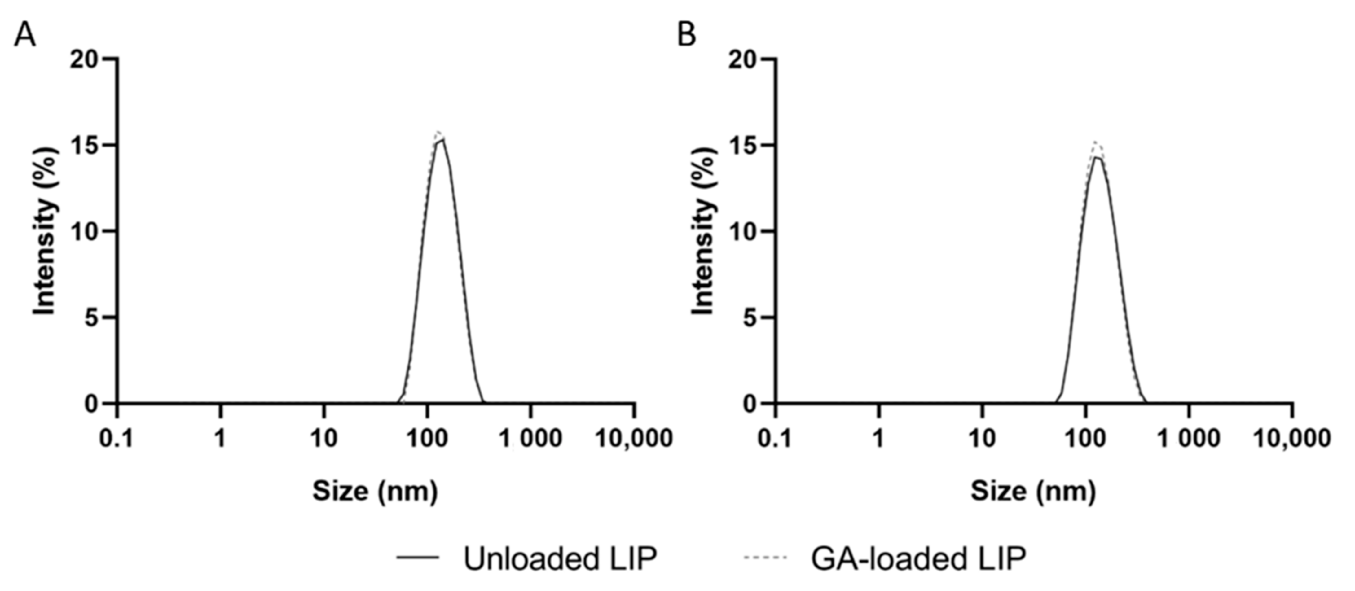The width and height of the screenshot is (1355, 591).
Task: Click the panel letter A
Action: pos(25,36)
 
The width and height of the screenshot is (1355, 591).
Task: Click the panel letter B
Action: pos(686,36)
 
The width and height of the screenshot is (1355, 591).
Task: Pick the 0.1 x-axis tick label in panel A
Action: pos(117,438)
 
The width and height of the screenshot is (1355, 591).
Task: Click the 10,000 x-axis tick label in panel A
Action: pos(634,438)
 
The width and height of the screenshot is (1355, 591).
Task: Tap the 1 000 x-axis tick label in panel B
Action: pos(1188,438)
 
